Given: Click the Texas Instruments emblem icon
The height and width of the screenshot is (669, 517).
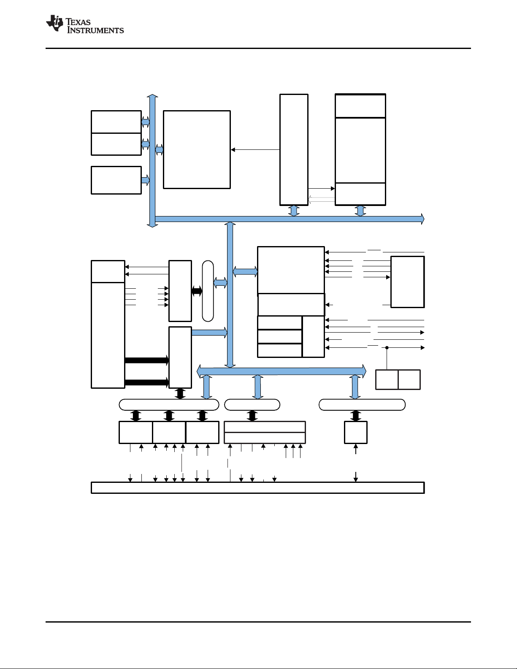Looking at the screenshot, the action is [55, 23].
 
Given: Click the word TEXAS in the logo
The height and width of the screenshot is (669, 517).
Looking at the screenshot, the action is [78, 22].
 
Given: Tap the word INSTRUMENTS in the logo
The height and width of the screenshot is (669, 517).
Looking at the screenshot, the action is [95, 30].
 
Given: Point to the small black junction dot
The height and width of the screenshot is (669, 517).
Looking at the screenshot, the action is [387, 347].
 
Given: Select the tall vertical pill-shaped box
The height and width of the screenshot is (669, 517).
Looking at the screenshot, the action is [208, 291].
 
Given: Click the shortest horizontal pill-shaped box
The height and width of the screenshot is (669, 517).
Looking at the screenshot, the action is [252, 404].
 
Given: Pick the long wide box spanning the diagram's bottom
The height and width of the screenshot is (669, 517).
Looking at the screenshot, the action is [257, 488].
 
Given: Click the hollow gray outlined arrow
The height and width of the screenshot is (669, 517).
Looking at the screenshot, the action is [321, 200].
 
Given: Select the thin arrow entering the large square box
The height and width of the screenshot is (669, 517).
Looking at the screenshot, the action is [255, 149].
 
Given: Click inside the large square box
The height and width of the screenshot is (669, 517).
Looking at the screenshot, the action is [197, 149].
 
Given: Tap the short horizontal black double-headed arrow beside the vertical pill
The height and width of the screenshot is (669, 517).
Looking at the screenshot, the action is [197, 291].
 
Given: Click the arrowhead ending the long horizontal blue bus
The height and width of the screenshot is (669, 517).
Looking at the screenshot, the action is [422, 219].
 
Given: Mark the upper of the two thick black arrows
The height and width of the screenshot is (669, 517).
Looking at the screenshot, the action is [147, 360].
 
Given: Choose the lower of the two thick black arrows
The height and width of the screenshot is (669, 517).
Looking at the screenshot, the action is [147, 382].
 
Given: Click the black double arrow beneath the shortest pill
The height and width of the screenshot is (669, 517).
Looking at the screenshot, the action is [252, 416].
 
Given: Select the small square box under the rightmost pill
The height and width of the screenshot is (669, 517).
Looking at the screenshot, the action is [356, 433].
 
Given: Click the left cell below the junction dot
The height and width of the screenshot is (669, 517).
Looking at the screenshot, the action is [387, 379].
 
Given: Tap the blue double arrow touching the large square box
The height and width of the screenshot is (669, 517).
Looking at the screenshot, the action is [159, 150].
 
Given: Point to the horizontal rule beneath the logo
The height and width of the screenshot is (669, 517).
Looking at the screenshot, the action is [258, 49].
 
